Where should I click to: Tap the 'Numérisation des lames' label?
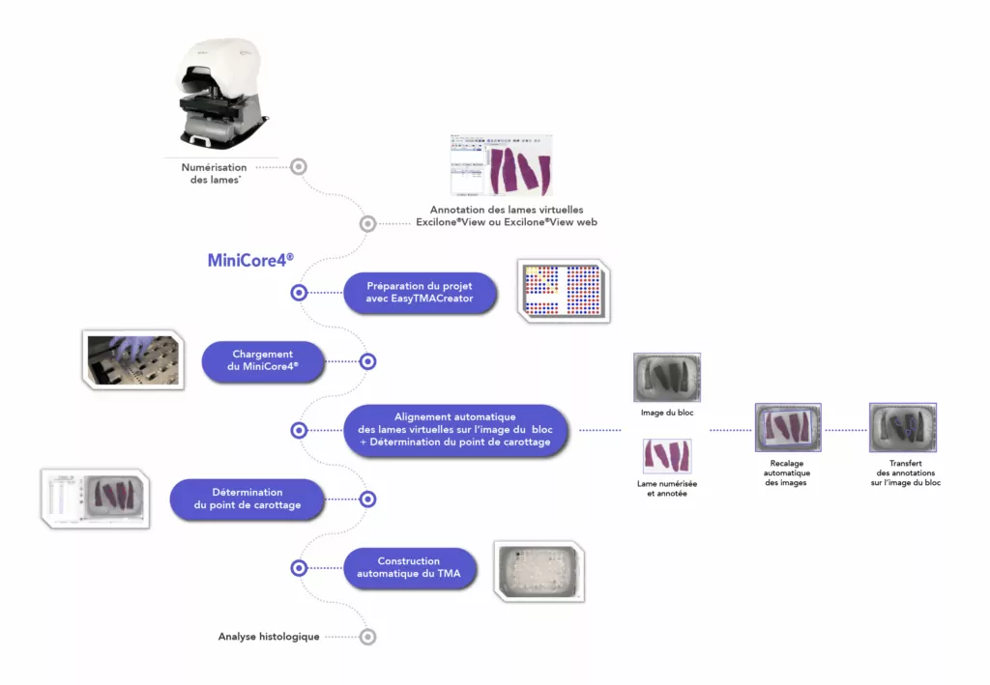pyautogui.click(x=214, y=174)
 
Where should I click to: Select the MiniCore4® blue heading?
pyautogui.click(x=250, y=260)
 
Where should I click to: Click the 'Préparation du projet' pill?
pyautogui.click(x=420, y=293)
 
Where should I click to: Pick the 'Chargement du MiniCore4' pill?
pyautogui.click(x=263, y=360)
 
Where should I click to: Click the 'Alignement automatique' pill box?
pyautogui.click(x=455, y=430)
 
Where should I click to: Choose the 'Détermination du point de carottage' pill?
pyautogui.click(x=247, y=499)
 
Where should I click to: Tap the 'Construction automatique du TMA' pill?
pyautogui.click(x=409, y=568)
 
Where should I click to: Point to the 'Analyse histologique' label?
pyautogui.click(x=269, y=637)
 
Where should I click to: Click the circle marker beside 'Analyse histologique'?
pyautogui.click(x=367, y=637)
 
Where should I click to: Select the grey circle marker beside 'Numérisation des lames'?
pyautogui.click(x=299, y=166)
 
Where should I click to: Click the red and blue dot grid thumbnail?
pyautogui.click(x=564, y=291)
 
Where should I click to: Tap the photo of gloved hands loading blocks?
pyautogui.click(x=133, y=359)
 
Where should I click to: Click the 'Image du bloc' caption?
pyautogui.click(x=667, y=413)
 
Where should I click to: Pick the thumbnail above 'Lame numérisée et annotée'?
pyautogui.click(x=667, y=456)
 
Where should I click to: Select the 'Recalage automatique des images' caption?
pyautogui.click(x=787, y=473)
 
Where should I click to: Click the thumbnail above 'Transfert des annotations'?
pyautogui.click(x=903, y=428)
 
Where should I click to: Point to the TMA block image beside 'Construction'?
pyautogui.click(x=539, y=571)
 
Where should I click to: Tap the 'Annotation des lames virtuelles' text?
pyautogui.click(x=507, y=210)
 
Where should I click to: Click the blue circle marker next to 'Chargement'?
pyautogui.click(x=367, y=361)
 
